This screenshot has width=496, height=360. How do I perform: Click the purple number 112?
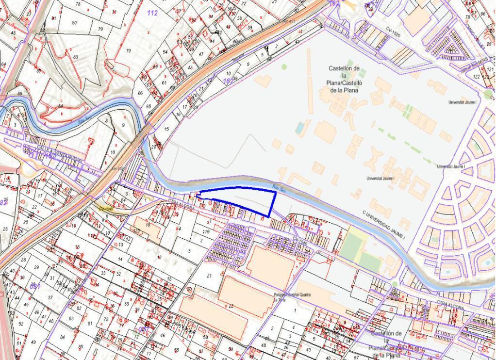152,13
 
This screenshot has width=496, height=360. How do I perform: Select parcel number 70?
129,50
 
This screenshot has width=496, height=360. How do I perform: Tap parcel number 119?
206,232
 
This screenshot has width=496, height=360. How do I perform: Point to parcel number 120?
137,231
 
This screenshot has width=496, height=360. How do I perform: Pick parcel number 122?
477,77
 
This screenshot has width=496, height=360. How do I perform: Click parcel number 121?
489,69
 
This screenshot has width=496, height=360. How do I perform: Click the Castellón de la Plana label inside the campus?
344,79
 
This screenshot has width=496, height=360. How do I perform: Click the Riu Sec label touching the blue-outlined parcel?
277,186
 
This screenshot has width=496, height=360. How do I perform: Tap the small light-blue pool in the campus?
301,128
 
